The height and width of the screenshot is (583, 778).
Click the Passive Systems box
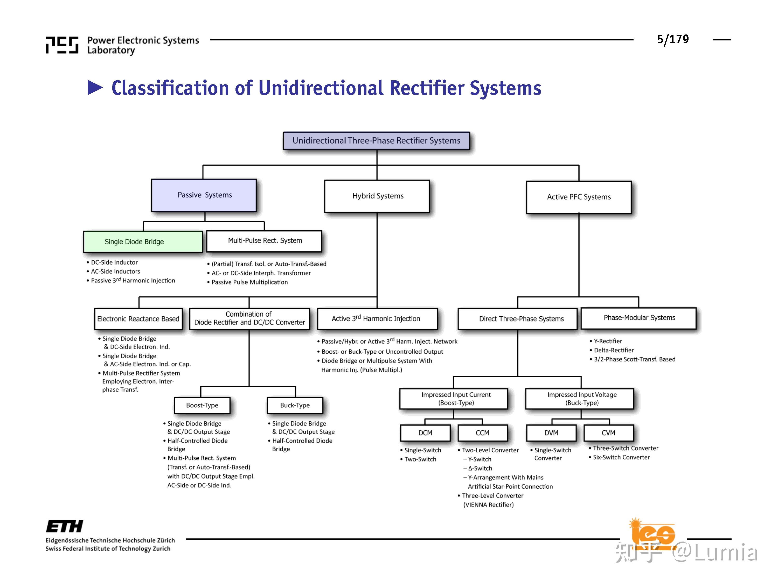pos(204,195)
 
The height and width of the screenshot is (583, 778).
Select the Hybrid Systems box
pos(377,196)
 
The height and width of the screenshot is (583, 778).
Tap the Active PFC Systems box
pos(579,197)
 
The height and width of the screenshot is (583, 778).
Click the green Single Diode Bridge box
pos(143,242)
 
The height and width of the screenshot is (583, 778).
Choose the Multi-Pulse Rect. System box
pos(264,241)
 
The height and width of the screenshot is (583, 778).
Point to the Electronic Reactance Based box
pos(138,319)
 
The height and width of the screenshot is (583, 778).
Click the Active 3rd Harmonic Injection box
pos(377,319)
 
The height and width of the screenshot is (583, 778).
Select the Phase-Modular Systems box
pos(639,318)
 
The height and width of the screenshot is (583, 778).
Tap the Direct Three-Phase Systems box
pos(518,319)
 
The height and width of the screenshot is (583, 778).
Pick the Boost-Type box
pos(202,406)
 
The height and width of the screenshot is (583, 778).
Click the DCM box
pos(425,433)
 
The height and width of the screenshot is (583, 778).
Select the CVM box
pos(609,433)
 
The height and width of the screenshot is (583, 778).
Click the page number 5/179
pos(673,39)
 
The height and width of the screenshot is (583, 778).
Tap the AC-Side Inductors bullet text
pos(113,272)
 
